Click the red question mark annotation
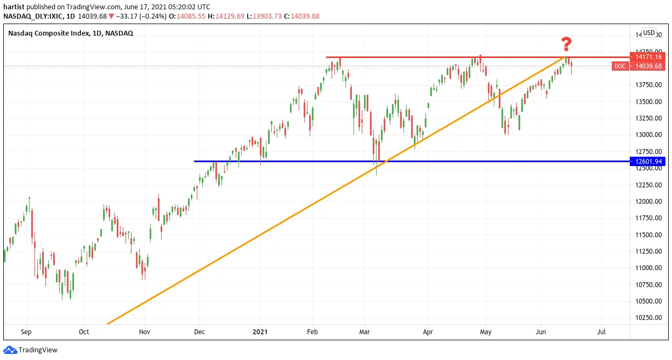pos(566,44)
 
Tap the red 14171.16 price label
pos(647,56)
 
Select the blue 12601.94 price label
pos(647,162)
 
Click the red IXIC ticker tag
pos(620,66)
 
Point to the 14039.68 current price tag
pos(647,66)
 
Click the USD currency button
pos(649,33)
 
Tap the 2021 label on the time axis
pos(260,332)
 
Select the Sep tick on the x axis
pos(26,332)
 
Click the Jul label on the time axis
pos(601,332)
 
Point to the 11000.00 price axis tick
pos(648,268)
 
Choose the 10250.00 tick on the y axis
pos(648,318)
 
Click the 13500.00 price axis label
pos(648,102)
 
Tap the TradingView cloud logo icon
pos(10,350)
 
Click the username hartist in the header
pos(14,7)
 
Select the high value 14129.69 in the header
pos(230,16)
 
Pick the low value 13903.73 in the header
pos(267,16)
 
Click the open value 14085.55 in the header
pos(191,16)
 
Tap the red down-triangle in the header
pos(111,16)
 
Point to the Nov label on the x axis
pos(145,332)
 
